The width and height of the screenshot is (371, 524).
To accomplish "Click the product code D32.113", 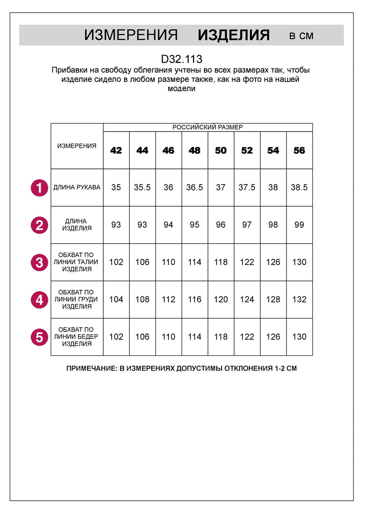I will click(182, 59).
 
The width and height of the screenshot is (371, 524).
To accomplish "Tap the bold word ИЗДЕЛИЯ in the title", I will click(234, 35).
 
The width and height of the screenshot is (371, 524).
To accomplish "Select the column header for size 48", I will click(195, 151).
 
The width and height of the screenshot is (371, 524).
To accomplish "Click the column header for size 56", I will click(299, 151).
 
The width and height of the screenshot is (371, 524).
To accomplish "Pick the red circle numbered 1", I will click(39, 188).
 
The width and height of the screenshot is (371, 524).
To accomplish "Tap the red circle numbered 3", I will click(39, 262).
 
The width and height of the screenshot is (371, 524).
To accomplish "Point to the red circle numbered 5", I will click(39, 337).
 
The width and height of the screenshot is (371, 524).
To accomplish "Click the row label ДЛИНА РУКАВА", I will click(77, 187).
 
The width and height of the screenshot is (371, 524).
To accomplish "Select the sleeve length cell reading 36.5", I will click(195, 187).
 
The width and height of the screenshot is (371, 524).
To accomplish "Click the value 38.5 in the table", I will click(299, 187).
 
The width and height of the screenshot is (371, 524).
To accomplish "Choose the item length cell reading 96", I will click(221, 225).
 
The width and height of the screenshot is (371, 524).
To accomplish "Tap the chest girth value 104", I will click(116, 300).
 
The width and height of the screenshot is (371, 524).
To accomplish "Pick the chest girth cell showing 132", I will click(299, 300).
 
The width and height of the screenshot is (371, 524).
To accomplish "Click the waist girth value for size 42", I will click(116, 262).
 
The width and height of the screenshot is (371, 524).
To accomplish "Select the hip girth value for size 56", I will click(299, 337).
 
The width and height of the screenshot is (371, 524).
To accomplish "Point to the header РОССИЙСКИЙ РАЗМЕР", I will click(208, 127).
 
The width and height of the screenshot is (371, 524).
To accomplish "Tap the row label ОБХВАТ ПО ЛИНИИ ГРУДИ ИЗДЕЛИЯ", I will click(76, 299).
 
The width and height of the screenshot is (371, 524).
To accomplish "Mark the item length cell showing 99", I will click(299, 225).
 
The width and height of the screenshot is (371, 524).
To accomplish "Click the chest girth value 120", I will click(221, 300).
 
